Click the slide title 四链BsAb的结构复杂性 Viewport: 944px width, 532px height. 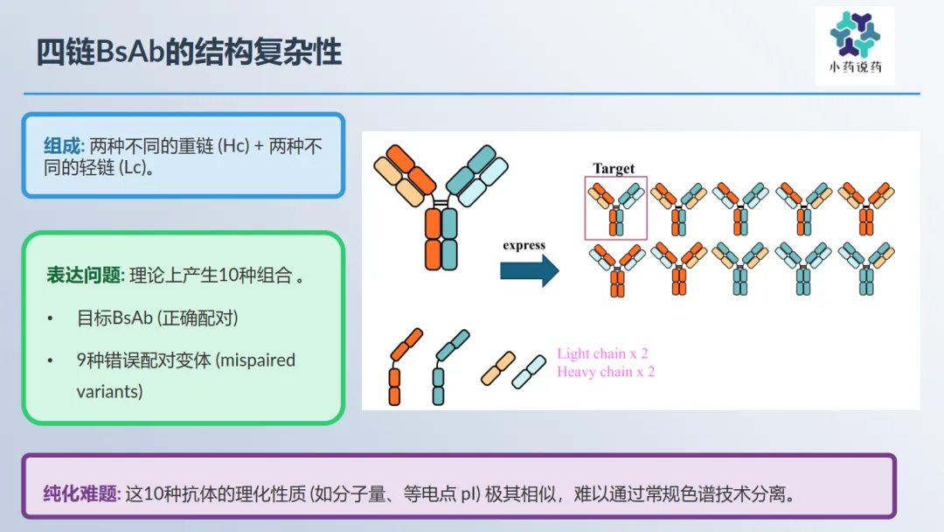189,52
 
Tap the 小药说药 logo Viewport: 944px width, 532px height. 855,45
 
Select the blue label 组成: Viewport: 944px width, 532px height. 64,146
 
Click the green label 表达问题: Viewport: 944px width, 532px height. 86,275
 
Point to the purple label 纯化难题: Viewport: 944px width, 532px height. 82,493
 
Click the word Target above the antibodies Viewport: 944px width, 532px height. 614,169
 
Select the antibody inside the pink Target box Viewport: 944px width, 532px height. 616,209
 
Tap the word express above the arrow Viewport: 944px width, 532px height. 524,245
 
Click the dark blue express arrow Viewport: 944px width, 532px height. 529,270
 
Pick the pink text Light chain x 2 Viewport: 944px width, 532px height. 602,353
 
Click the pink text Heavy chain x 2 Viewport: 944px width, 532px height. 606,372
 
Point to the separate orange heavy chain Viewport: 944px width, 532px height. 404,367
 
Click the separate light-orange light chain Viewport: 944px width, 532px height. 498,368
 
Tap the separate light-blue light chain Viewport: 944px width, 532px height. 529,372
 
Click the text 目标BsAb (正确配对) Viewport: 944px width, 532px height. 157,318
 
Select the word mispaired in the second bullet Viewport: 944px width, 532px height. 256,360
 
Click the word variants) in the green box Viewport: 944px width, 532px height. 109,392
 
